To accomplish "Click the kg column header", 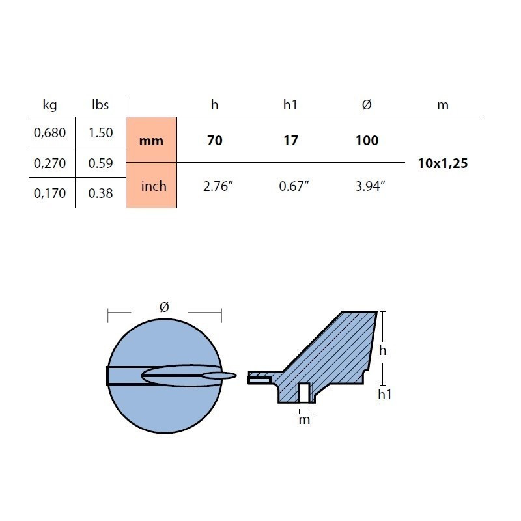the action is click(50, 105).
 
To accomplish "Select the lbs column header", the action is click(100, 105).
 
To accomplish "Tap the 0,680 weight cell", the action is click(50, 133).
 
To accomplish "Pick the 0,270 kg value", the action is click(50, 163).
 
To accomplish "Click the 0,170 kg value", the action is click(50, 193).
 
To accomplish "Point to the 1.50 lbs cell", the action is click(101, 133).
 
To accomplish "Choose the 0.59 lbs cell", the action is click(101, 163).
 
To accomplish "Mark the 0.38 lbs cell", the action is click(101, 193).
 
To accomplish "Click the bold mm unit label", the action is click(151, 141).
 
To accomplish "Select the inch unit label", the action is click(154, 186).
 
